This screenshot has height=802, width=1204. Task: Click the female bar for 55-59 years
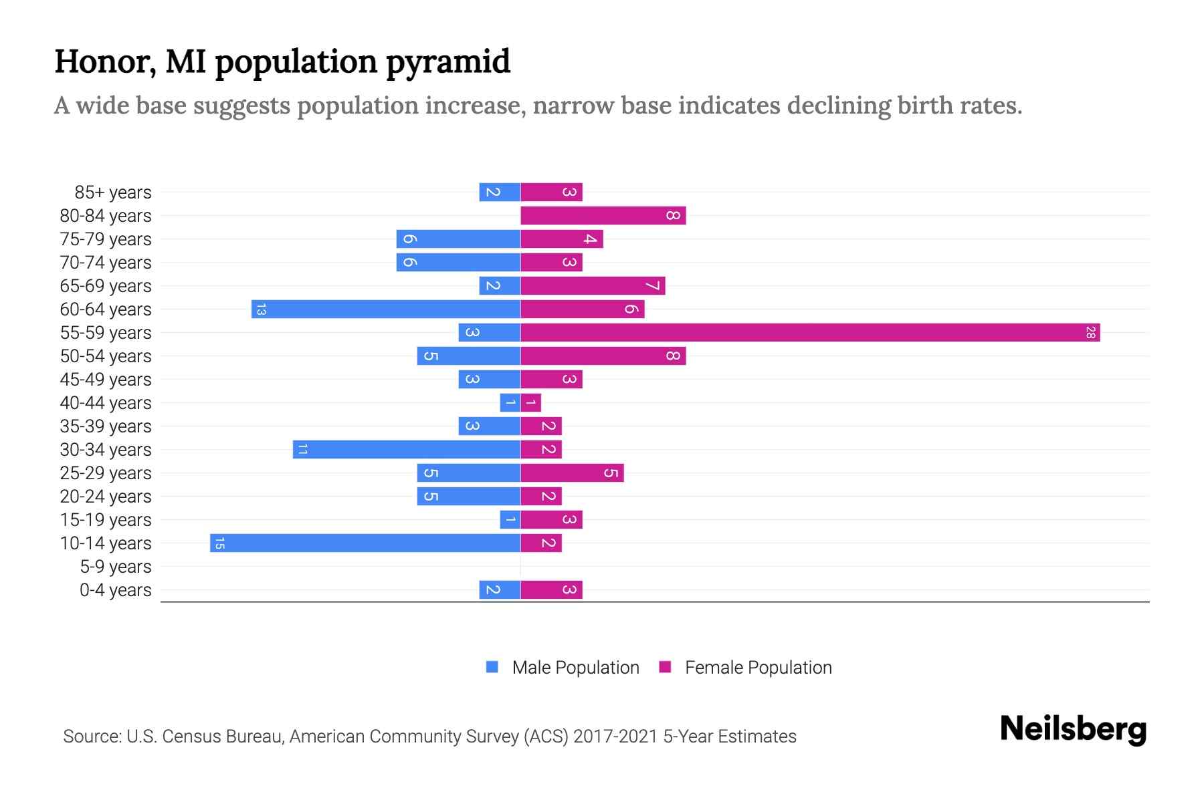pos(809,332)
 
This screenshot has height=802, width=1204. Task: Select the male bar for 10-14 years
pos(365,543)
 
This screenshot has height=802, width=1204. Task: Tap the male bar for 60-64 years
pos(386,309)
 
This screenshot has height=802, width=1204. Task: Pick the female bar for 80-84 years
pos(603,215)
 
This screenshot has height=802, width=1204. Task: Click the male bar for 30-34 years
pos(407,449)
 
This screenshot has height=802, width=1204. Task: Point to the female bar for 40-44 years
pos(531,402)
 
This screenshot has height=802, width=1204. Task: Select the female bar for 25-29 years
pos(572,473)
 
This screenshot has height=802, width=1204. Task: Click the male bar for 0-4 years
pos(500,589)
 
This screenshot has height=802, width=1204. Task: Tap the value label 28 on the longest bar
pos(1090,332)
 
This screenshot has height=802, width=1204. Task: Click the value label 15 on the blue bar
pos(219,543)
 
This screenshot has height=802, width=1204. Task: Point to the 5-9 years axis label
pos(116,567)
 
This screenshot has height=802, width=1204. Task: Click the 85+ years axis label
pos(113,192)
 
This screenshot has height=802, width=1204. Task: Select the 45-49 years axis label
pos(106,380)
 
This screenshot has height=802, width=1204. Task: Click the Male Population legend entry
pos(563,667)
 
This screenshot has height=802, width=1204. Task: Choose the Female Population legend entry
pos(746,667)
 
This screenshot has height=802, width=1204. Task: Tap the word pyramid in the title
pos(448,61)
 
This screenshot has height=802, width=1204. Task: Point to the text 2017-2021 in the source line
pos(615,737)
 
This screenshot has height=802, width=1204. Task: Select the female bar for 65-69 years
pos(593,285)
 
